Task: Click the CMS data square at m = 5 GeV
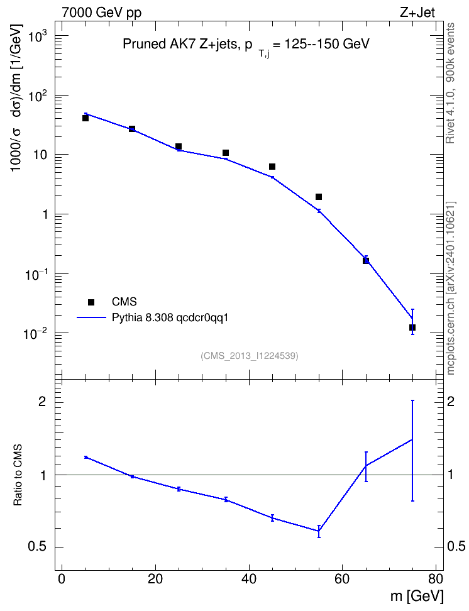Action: [86, 118]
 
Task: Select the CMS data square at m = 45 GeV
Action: [272, 167]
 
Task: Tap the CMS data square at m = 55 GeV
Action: [319, 197]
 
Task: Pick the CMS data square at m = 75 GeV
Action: [412, 328]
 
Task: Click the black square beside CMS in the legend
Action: [91, 302]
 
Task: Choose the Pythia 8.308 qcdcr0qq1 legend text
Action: [170, 318]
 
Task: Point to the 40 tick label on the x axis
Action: [249, 578]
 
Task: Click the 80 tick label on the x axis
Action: [436, 578]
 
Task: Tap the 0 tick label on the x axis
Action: [62, 578]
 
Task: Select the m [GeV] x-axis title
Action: [417, 597]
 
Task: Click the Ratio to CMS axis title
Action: [18, 475]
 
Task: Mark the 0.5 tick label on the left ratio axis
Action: [38, 547]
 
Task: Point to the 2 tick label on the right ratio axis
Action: [451, 402]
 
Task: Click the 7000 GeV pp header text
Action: [101, 13]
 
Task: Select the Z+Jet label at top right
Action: [417, 13]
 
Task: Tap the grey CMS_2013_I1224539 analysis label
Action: [250, 356]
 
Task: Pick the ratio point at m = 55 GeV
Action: [319, 531]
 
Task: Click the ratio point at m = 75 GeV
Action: [412, 440]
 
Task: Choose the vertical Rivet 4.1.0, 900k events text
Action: [450, 83]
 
